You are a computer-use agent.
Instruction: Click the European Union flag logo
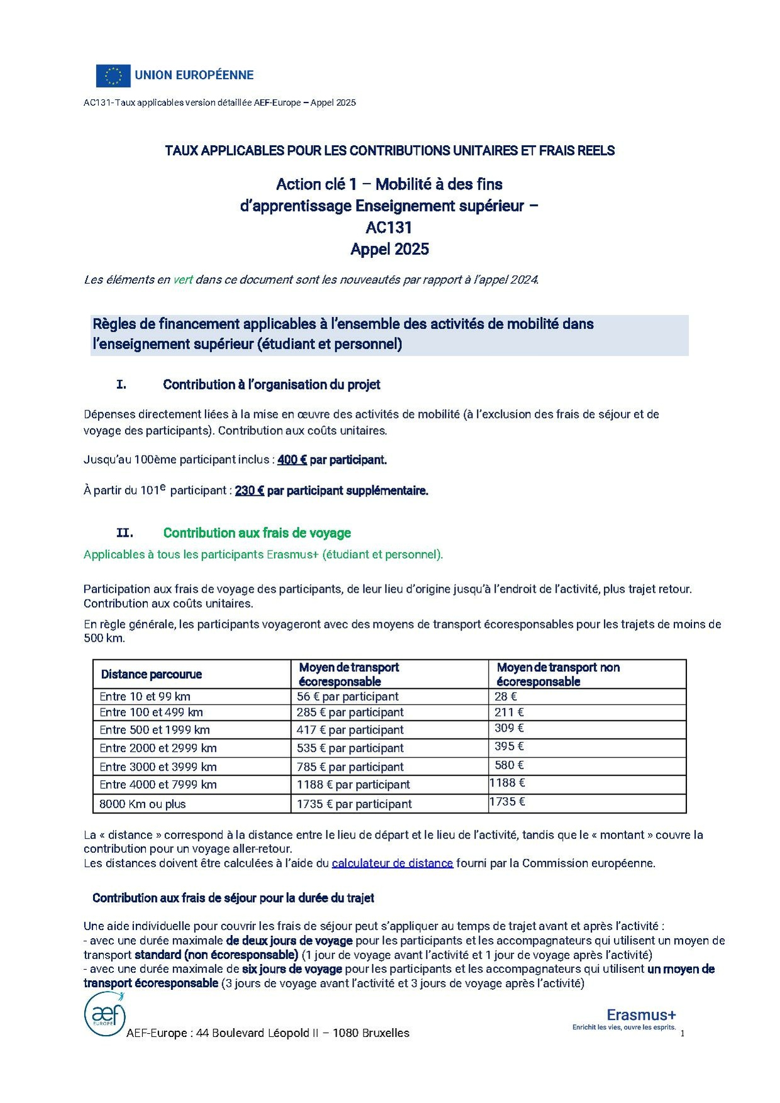(113, 76)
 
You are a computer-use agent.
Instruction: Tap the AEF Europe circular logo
(105, 1014)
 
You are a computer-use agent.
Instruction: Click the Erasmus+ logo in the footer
(640, 1015)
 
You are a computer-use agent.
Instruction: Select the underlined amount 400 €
(292, 460)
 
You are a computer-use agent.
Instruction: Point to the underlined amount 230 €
(250, 491)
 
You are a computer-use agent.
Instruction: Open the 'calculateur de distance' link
(393, 863)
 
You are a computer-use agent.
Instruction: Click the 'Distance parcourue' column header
(152, 675)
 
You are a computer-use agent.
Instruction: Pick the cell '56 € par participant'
(348, 697)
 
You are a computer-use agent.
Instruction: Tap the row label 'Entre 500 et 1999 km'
(155, 730)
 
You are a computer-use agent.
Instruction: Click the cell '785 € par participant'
(350, 767)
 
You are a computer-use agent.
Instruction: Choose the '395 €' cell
(510, 746)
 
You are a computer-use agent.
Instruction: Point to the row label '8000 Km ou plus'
(143, 804)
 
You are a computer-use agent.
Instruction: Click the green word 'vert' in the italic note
(183, 280)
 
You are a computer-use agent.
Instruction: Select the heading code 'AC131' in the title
(389, 227)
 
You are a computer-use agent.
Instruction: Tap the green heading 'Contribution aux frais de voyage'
(257, 533)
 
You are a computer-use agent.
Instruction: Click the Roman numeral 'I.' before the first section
(121, 384)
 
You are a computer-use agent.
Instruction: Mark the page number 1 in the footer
(682, 1033)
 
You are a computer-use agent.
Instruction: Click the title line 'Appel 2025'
(389, 249)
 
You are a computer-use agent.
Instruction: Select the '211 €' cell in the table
(509, 712)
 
